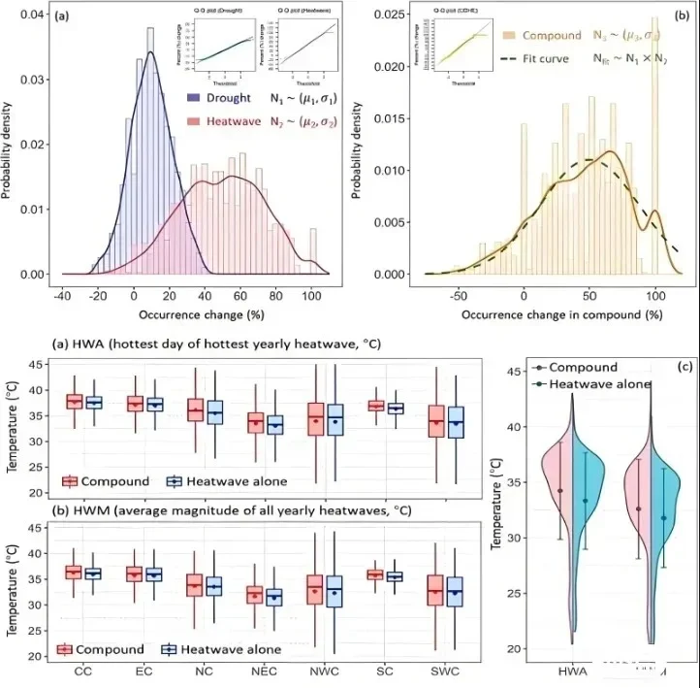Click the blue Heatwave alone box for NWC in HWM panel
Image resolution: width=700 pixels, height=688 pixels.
click(x=335, y=591)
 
